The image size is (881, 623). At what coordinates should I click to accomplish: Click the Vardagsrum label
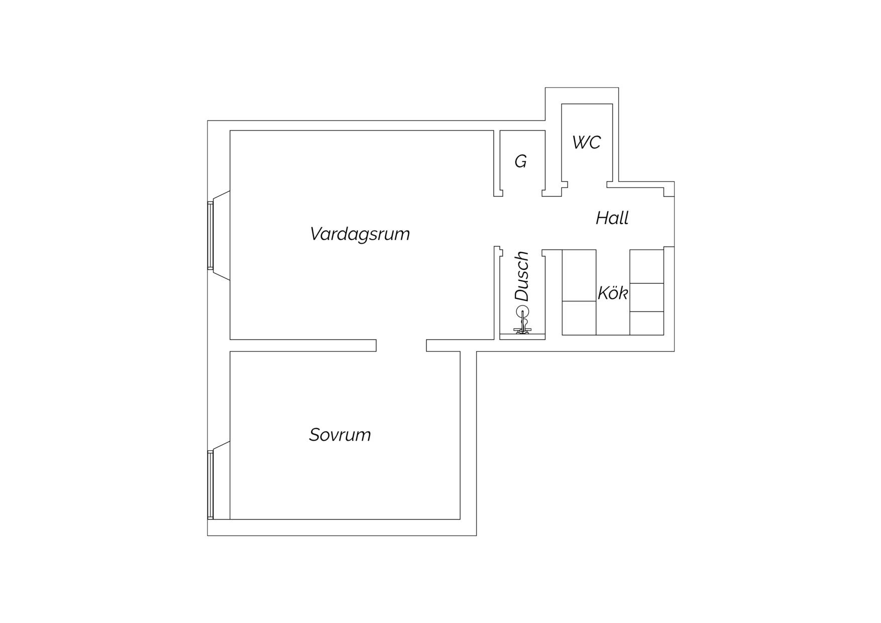coord(360,234)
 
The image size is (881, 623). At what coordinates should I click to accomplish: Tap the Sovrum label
coord(340,435)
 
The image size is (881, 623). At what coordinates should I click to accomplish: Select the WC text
coord(586,143)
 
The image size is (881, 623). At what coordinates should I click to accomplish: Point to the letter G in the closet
coord(521,161)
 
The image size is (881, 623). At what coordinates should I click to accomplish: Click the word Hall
coord(612,218)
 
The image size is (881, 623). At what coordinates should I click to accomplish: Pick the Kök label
coord(613,292)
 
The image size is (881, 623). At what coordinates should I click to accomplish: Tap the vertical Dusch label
coord(522,276)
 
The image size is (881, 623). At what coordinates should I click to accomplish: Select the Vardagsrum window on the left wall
coord(211,236)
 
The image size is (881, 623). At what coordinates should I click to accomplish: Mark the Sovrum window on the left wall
coord(211,485)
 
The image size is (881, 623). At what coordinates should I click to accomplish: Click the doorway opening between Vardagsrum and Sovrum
coord(401,345)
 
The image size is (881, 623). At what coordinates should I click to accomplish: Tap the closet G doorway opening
coord(522,193)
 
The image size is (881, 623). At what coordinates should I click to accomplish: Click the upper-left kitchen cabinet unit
coord(579,275)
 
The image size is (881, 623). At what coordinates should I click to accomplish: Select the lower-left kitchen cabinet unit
coord(579,318)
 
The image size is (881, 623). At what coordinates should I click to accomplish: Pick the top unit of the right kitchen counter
coord(647,266)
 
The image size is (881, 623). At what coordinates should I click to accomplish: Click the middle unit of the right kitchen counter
coord(647,297)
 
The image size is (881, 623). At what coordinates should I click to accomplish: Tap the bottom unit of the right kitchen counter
coord(647,323)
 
